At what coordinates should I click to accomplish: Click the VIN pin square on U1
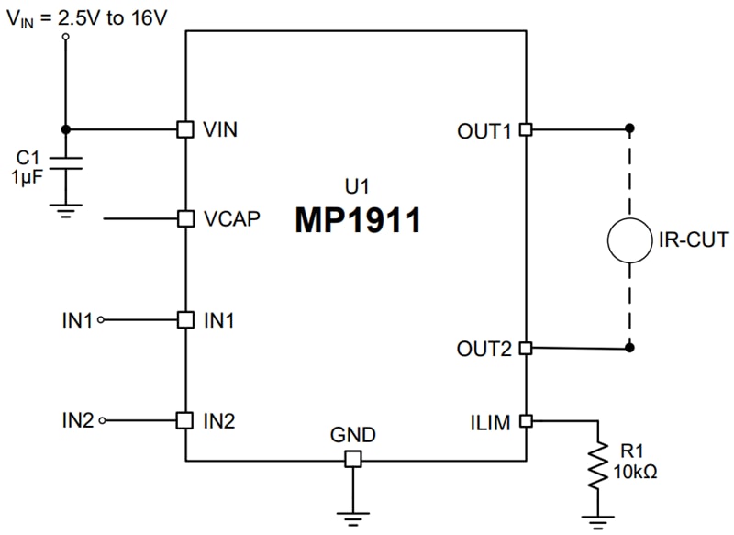(x=184, y=129)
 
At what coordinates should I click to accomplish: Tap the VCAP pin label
(x=231, y=219)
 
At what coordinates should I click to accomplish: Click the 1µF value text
(x=26, y=175)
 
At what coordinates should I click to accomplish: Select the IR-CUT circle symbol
(x=630, y=240)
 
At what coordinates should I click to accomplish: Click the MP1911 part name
(x=357, y=220)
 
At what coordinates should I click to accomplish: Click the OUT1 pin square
(x=526, y=129)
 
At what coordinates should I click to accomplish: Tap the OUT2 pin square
(x=526, y=348)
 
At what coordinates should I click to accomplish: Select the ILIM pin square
(x=526, y=421)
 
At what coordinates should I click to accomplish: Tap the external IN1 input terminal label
(x=77, y=320)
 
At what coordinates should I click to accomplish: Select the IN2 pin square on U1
(x=184, y=421)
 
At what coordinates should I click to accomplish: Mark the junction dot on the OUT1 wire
(x=629, y=129)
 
